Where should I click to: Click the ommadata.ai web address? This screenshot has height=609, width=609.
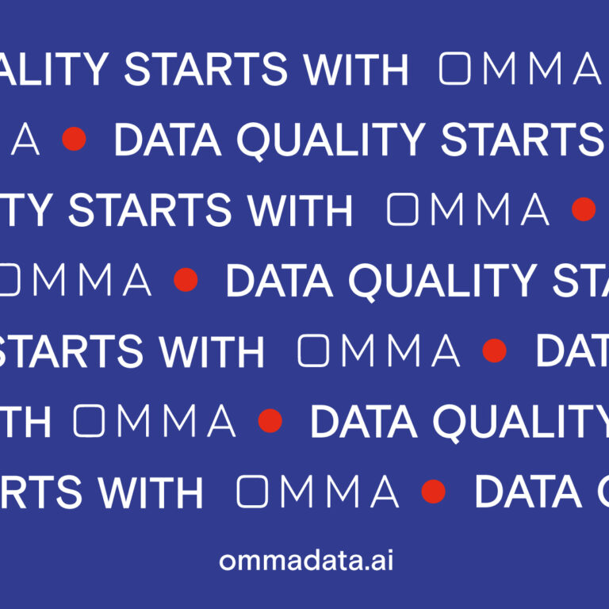point(306,561)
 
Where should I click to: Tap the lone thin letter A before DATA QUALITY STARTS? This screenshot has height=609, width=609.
point(23,140)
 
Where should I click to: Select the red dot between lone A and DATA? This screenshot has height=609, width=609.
point(74,140)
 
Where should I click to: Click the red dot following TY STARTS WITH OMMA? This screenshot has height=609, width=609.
point(584,209)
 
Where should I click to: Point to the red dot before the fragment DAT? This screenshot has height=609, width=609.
point(495,350)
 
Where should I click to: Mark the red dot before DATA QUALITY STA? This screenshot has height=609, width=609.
point(186,279)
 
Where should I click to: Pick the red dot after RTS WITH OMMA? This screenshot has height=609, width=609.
point(433,492)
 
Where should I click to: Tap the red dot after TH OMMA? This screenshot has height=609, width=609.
point(270,420)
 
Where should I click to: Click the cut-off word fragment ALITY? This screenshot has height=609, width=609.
point(56,70)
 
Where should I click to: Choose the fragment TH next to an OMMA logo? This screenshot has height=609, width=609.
point(27,421)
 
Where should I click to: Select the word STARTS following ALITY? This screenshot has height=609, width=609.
point(205,70)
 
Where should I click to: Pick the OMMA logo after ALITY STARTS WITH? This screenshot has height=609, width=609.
point(520,70)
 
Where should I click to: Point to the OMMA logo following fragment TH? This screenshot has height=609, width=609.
point(155,420)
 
